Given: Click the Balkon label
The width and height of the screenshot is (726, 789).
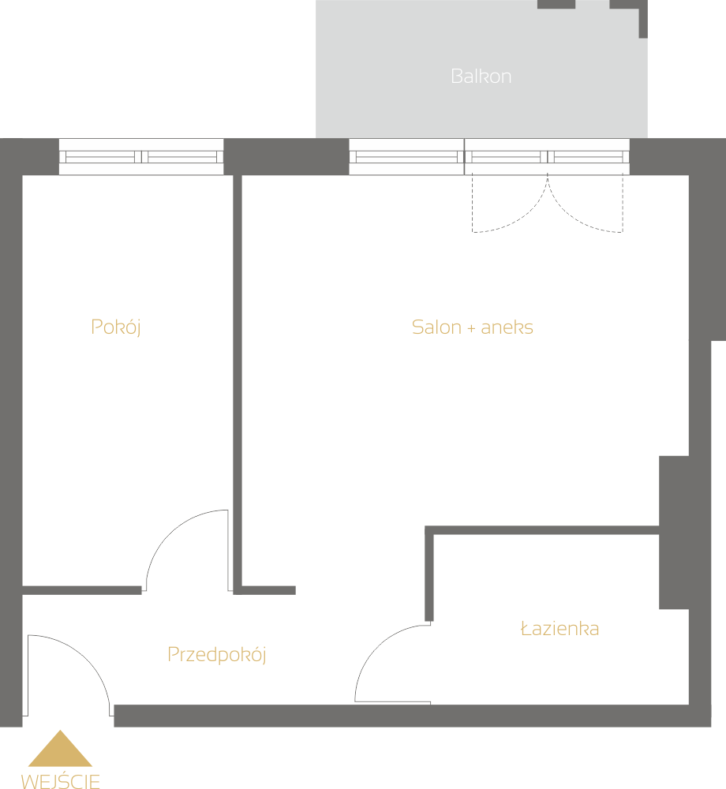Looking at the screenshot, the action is tap(481, 77).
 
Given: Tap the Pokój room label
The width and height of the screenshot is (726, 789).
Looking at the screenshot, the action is tap(116, 327).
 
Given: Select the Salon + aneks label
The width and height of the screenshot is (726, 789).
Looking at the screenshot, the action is tap(473, 327).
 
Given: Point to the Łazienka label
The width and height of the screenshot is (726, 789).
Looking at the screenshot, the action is tap(560, 629).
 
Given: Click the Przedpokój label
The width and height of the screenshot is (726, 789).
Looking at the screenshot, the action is tap(216, 655).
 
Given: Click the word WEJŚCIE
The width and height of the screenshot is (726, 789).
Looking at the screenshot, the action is tap(61, 780).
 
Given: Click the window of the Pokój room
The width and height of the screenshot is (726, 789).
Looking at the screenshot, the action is tap(141, 156).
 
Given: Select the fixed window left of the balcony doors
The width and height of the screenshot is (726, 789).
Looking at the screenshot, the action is tap(406, 156).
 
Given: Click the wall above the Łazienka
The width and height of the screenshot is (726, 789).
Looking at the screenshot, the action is tap(542, 530).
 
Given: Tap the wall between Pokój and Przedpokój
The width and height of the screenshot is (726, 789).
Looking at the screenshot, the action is tap(82, 590).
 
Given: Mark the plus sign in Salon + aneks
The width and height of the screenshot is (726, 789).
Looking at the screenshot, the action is tap(471, 328).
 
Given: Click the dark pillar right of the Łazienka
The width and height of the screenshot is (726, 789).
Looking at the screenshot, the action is tap(674, 533).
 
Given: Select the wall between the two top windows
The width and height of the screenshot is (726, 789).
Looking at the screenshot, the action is tap(286, 156).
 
